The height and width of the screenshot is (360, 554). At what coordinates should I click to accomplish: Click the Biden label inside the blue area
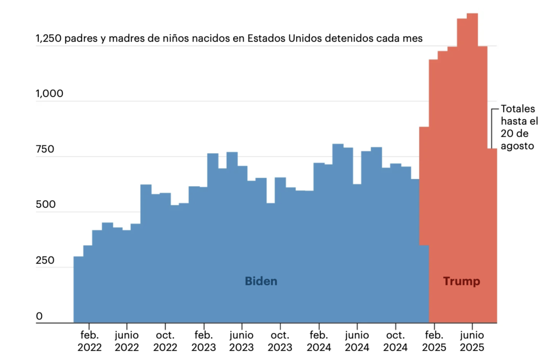coord(261,282)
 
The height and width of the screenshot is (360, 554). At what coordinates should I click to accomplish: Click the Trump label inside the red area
coord(461,282)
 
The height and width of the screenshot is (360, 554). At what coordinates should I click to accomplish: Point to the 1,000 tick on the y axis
coord(49,94)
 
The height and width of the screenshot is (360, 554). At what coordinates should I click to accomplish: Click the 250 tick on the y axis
coord(45,260)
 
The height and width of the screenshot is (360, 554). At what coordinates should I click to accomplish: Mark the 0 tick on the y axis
coord(39,316)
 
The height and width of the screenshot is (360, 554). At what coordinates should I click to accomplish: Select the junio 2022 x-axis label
coord(127,340)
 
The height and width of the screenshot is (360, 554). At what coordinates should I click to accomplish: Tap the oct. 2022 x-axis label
coord(165,340)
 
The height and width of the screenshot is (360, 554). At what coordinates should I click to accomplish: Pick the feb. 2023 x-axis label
coord(203,340)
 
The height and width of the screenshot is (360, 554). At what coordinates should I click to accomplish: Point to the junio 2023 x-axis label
coord(241,340)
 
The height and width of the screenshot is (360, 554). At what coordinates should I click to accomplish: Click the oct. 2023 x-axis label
coord(280,340)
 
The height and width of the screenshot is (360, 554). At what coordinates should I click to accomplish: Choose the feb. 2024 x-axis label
coord(318,340)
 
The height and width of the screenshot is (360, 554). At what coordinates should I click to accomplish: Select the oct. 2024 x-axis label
coord(395,340)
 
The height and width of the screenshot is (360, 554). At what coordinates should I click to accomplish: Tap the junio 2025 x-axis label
coord(472,340)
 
